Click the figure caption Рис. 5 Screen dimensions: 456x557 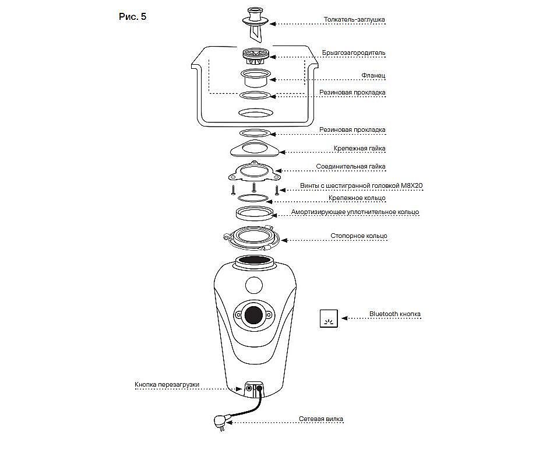132,17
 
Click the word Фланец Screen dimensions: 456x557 373,76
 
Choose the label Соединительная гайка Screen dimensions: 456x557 350,167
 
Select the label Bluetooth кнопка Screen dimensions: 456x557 394,314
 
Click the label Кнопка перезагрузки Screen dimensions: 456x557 167,385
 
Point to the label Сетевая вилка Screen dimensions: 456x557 321,419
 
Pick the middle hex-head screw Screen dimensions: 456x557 254,188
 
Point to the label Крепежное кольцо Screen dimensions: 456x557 357,199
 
